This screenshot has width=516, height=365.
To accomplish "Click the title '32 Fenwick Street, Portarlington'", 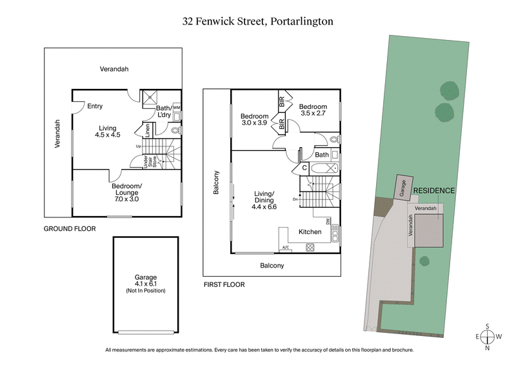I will click(x=257, y=21).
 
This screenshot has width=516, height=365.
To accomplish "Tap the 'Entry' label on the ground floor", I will click(x=95, y=106).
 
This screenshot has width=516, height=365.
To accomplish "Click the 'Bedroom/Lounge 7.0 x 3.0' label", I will click(x=126, y=193).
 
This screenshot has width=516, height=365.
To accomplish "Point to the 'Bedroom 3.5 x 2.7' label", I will click(x=313, y=110).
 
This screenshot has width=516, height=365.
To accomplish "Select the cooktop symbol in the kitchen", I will click(x=310, y=246).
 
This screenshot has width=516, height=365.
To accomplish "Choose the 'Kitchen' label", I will click(x=310, y=232).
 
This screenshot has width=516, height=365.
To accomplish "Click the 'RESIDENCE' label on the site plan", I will click(x=433, y=191).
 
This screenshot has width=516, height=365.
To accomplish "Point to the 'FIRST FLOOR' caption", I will click(x=224, y=284).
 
